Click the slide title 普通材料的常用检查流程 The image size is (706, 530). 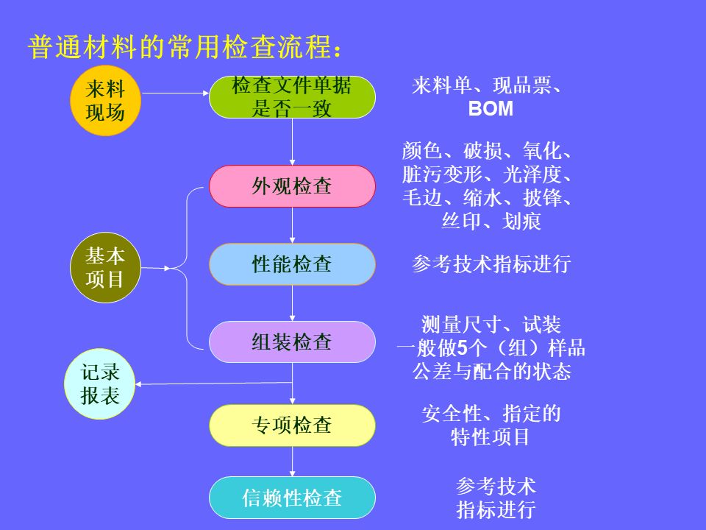point(184,46)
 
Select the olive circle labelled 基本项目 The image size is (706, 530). point(105,268)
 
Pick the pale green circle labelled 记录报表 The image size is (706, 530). point(100,384)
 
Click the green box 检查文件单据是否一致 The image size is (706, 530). point(292,97)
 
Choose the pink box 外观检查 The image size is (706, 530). point(292,186)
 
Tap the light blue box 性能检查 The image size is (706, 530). point(292,264)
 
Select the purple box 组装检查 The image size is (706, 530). point(292,342)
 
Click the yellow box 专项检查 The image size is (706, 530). point(292,425)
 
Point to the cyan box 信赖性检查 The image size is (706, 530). point(292,498)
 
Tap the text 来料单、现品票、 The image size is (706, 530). point(488,86)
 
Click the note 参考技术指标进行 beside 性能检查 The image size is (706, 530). point(491,264)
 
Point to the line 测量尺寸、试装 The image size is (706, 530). point(491,325)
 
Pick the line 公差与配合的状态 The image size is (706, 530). point(491,372)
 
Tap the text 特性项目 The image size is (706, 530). point(491,437)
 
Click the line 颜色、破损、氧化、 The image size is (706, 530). point(488,152)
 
